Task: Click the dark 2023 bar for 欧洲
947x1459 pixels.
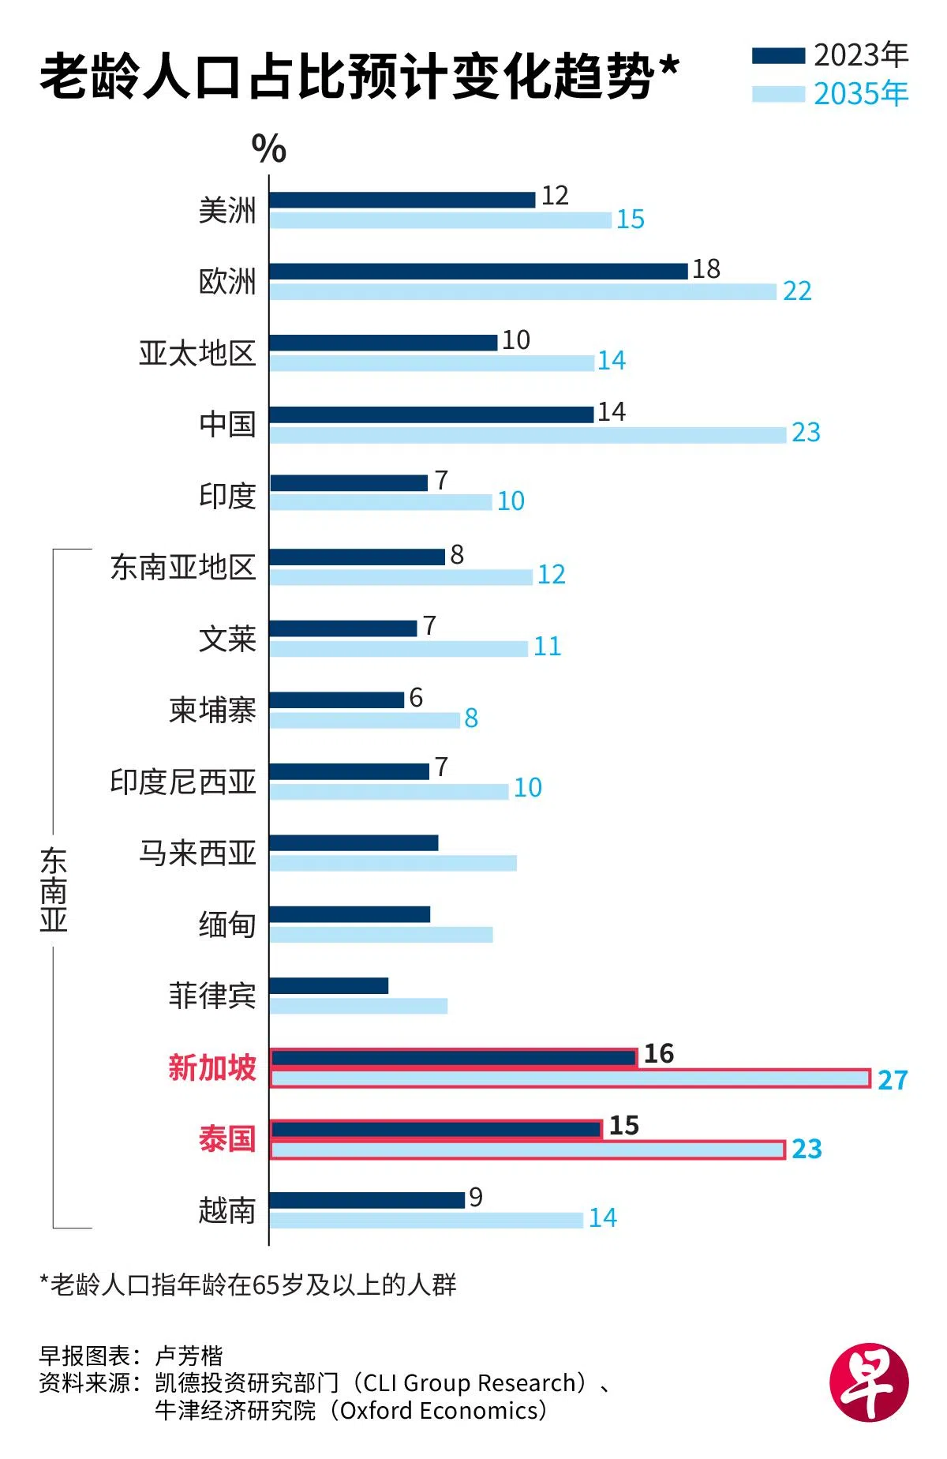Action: point(478,272)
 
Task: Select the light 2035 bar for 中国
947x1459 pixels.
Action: point(527,434)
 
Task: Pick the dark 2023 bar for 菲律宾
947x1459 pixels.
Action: point(329,985)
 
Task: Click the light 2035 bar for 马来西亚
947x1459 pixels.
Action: point(393,863)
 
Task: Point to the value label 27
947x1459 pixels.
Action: point(893,1080)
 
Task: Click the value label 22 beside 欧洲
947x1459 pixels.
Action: point(797,291)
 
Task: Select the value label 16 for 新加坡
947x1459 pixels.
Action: point(659,1054)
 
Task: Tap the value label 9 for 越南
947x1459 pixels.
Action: point(475,1198)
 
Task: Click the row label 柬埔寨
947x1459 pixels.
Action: point(212,711)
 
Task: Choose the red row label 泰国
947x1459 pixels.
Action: point(227,1139)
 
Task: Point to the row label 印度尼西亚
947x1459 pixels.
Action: point(183,782)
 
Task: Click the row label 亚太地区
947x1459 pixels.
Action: point(197,353)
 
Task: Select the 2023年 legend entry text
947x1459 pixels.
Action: point(861,55)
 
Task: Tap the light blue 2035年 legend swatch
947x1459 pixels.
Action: point(778,95)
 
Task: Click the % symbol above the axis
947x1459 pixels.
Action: point(269,148)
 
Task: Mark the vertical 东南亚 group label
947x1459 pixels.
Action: point(54,890)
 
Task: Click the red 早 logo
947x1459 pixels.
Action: point(869,1382)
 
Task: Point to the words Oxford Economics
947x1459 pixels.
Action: point(439,1410)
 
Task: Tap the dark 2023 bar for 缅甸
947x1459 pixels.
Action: point(350,914)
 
